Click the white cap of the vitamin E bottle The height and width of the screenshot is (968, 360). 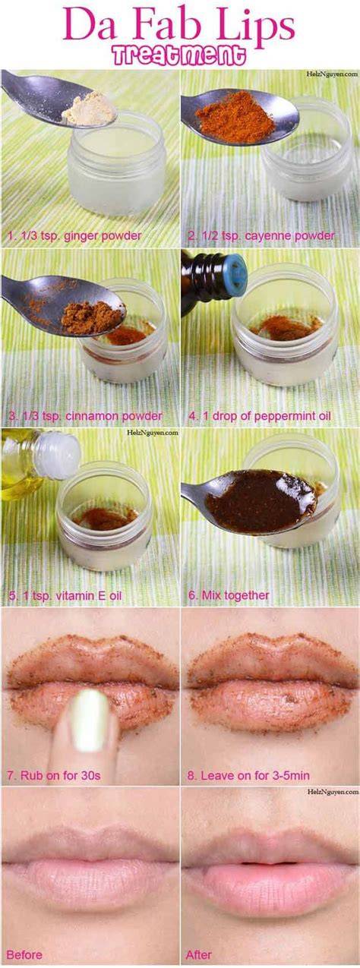coord(57,456)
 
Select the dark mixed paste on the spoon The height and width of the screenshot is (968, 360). coord(261,500)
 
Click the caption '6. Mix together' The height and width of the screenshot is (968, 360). coord(229,595)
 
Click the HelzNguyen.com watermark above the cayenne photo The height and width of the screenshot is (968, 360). coord(332,74)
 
